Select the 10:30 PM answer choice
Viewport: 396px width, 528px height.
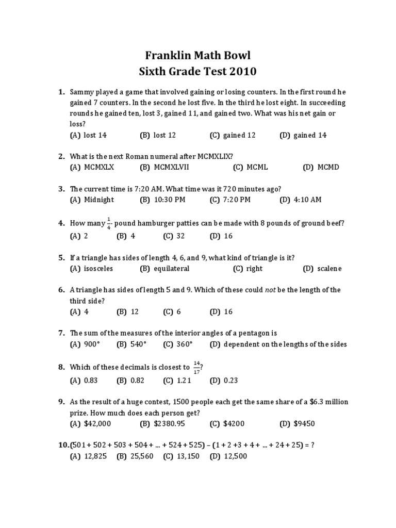click(x=169, y=200)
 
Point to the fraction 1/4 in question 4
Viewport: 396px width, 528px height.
click(x=109, y=223)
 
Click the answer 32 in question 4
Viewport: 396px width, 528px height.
click(x=181, y=236)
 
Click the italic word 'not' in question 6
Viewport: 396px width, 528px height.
click(x=271, y=290)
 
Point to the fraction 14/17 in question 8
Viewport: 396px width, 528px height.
click(x=196, y=367)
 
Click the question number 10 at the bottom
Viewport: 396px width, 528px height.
click(x=63, y=445)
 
